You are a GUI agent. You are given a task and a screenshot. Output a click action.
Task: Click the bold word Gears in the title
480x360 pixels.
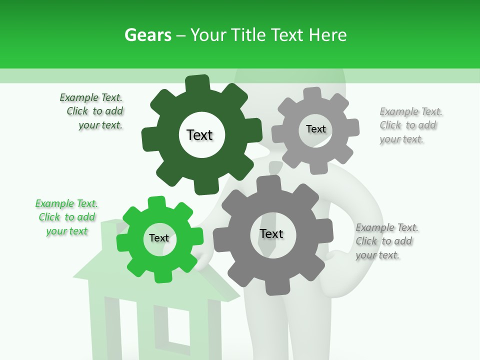pos(147,35)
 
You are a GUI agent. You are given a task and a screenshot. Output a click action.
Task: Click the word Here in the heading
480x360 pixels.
pos(327,35)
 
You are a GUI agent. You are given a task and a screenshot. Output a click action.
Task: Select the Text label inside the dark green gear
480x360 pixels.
pos(199,135)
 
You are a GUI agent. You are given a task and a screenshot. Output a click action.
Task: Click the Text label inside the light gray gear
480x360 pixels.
pos(315,129)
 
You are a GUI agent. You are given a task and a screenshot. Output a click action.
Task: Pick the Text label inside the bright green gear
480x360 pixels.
pos(159,238)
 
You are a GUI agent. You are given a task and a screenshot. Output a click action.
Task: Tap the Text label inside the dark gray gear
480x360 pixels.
pos(271,233)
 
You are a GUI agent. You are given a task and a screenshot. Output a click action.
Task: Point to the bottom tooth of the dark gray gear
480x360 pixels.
pos(274,287)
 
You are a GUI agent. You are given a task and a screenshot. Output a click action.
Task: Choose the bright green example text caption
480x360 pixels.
pos(67,217)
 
